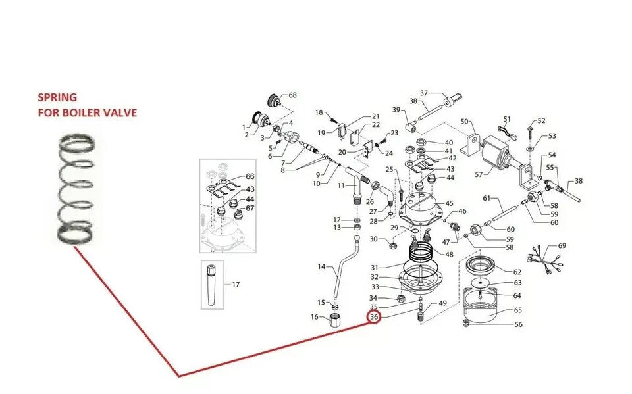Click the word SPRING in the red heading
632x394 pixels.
coord(57,97)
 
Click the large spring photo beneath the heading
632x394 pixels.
coord(76,189)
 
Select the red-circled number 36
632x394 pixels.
coord(374,317)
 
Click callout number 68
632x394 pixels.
coord(292,95)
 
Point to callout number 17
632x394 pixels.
coord(236,284)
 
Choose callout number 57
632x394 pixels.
coord(479,174)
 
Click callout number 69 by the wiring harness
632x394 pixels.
coord(562,246)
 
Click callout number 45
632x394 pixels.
coord(449,203)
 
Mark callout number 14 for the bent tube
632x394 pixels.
coord(321,266)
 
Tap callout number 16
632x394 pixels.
coord(315,317)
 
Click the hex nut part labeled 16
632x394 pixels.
coord(335,321)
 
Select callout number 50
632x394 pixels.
coord(464,121)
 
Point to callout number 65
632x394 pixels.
coord(518,310)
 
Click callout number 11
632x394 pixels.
coord(342,185)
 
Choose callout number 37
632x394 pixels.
coord(423,93)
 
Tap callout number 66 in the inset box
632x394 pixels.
coord(250,176)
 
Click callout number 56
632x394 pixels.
coord(518,324)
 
